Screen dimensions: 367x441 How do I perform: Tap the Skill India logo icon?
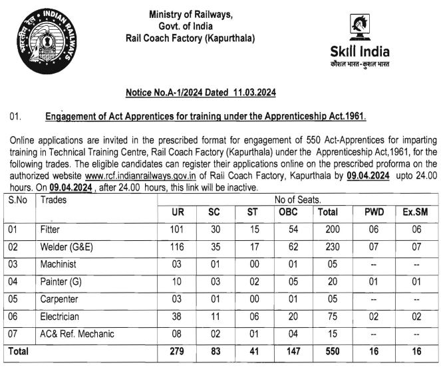pyautogui.click(x=360, y=29)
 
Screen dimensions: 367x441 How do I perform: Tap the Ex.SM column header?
pyautogui.click(x=415, y=212)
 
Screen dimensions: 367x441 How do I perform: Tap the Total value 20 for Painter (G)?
pyautogui.click(x=327, y=282)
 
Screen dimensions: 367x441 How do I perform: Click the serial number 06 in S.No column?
pyautogui.click(x=16, y=317)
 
